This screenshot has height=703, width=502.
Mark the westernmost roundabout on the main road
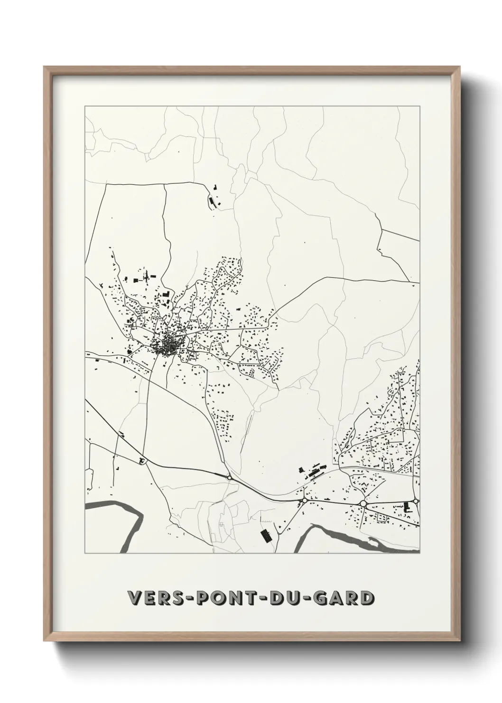pos(229,477)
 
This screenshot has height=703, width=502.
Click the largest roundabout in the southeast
pos(363,503)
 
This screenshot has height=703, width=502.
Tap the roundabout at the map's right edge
pos(416,501)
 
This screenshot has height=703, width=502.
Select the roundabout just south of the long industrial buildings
pos(304,500)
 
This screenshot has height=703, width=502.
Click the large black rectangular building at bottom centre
pos(266,536)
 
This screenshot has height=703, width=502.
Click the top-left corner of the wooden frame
pos(45,67)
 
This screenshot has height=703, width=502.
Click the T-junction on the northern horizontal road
pos(165,185)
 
